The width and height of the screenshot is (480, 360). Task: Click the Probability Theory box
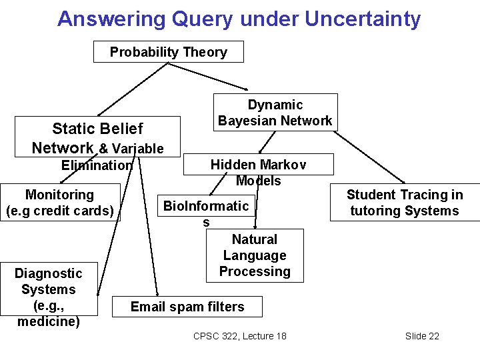click(x=168, y=52)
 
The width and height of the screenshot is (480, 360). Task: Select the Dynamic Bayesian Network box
click(x=275, y=112)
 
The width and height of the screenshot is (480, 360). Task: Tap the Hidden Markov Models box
click(x=258, y=172)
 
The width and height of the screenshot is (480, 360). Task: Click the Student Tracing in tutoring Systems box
click(x=404, y=203)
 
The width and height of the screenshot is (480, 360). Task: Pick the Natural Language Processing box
click(x=255, y=255)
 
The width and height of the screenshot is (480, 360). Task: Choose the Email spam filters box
click(x=187, y=307)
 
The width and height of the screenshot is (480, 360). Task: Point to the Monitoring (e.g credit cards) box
click(x=60, y=203)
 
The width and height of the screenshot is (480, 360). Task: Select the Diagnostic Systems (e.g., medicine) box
click(x=48, y=297)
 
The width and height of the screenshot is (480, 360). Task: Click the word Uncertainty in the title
click(x=363, y=19)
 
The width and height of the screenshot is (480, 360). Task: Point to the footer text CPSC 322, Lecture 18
click(x=239, y=336)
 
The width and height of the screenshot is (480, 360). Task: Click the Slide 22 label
click(x=422, y=336)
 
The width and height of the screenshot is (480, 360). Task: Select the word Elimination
click(x=97, y=165)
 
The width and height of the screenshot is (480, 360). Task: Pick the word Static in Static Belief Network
click(x=72, y=129)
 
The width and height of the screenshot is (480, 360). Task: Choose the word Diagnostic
click(x=48, y=273)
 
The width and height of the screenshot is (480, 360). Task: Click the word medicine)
click(x=48, y=322)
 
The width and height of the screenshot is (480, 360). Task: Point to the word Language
click(x=255, y=255)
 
